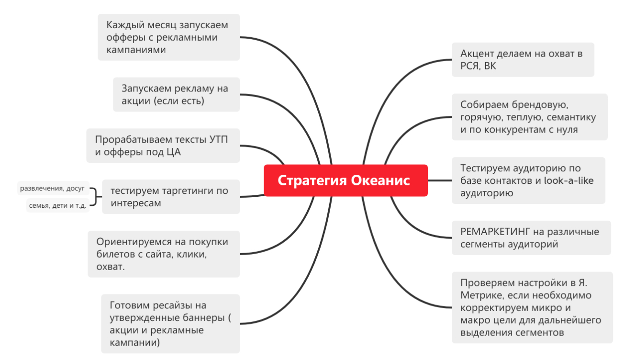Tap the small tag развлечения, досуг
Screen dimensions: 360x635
tap(52, 189)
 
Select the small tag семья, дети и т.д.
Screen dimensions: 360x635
tap(57, 205)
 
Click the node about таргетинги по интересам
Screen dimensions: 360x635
tap(170, 197)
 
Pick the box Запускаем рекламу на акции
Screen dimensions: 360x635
tap(176, 94)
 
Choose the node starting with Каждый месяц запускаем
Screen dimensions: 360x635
tap(168, 37)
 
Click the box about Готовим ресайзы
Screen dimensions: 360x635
tap(170, 324)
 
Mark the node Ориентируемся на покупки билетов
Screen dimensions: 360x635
tap(164, 254)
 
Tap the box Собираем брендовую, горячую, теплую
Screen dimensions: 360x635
tap(529, 117)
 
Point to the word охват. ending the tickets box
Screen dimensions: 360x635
tap(111, 267)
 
